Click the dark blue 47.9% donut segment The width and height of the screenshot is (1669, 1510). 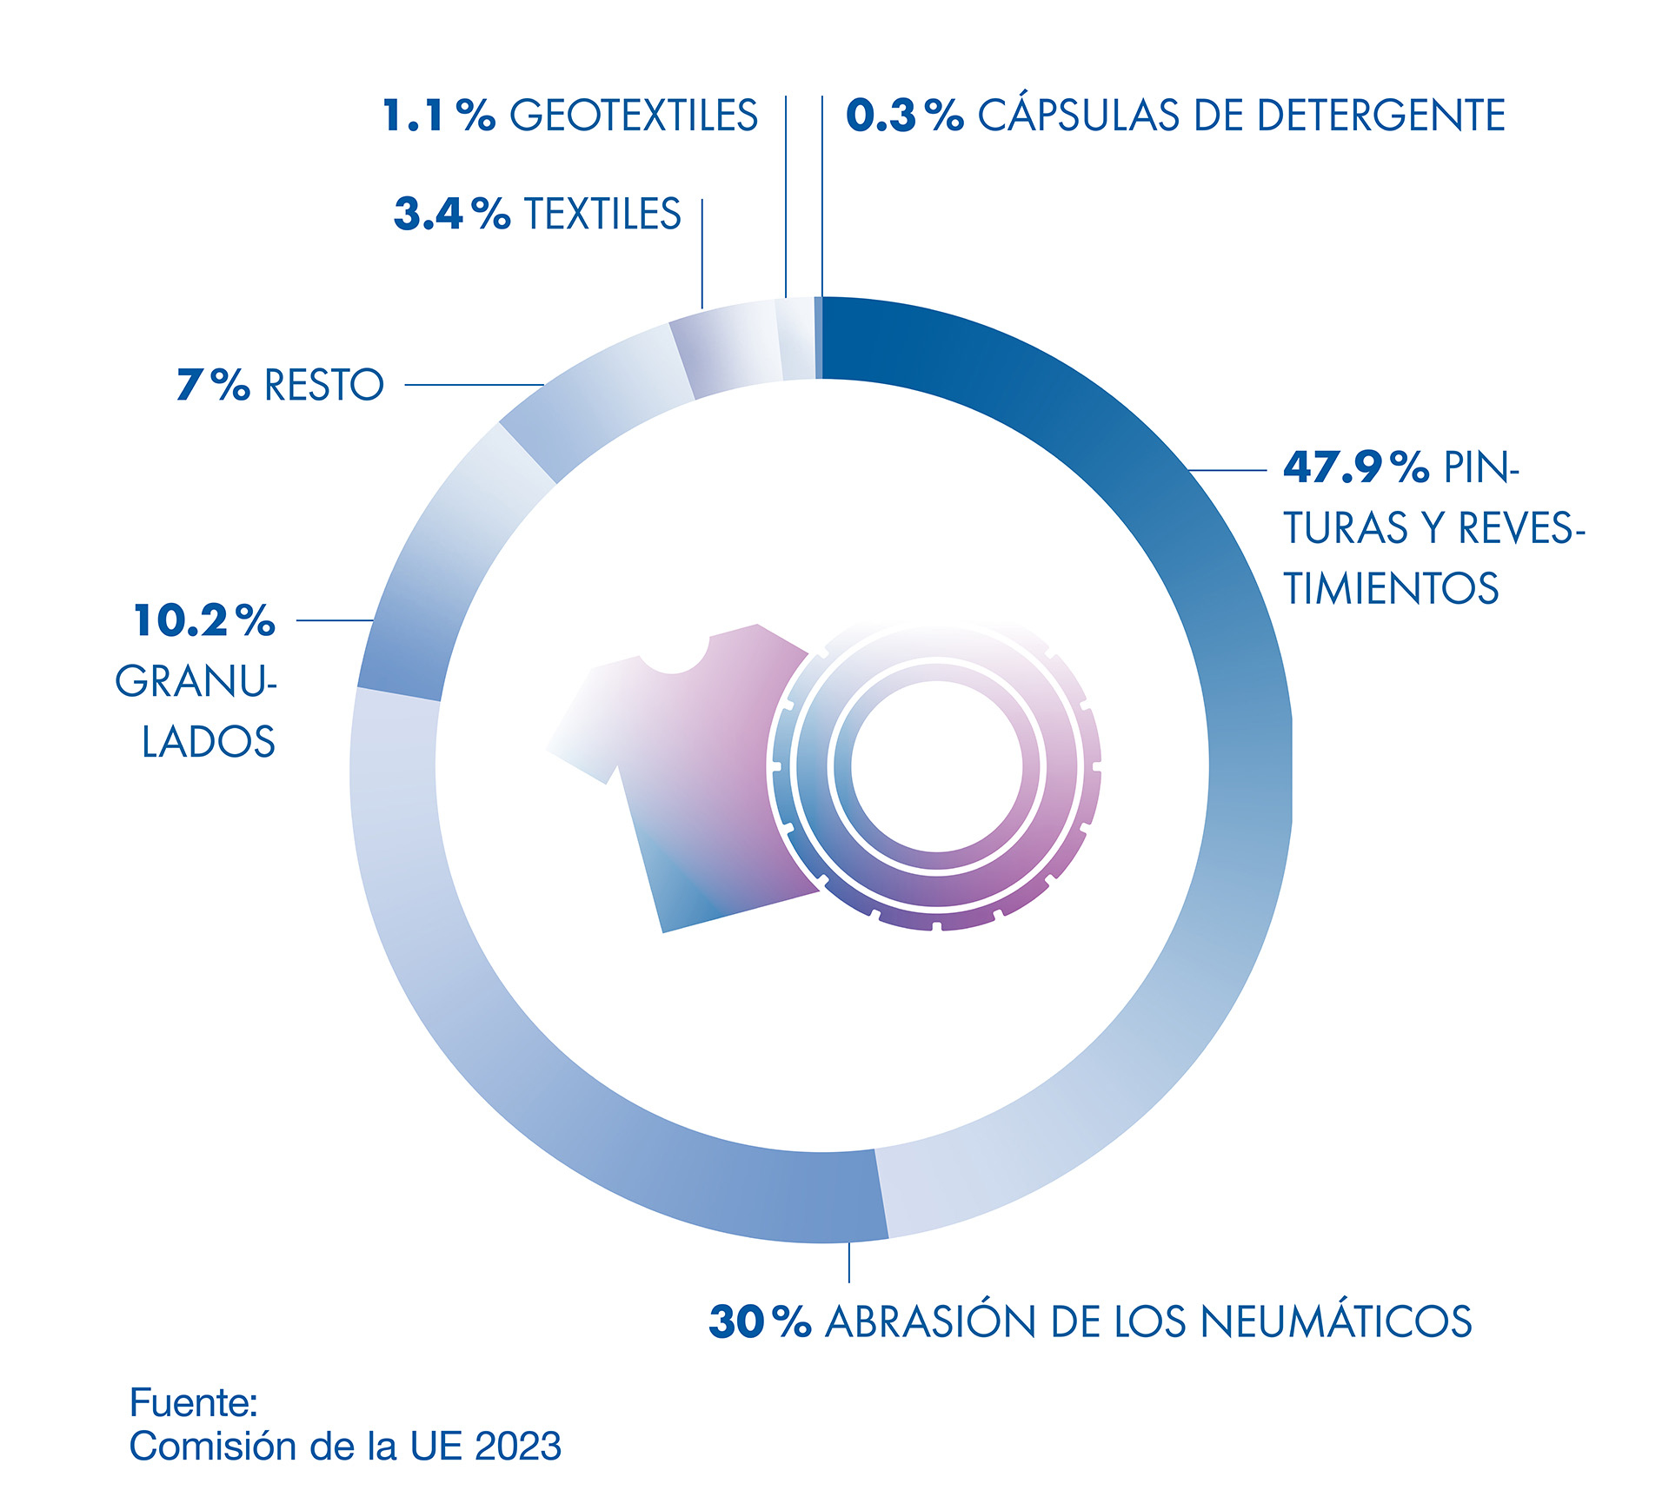[1217, 608]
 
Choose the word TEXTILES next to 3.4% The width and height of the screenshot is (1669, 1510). [602, 214]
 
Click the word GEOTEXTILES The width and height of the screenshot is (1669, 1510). [633, 116]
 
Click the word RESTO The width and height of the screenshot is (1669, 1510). [323, 385]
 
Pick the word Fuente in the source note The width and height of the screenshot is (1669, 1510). [192, 1402]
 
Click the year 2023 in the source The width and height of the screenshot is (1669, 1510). [518, 1447]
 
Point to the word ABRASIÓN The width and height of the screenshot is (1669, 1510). [929, 1321]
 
